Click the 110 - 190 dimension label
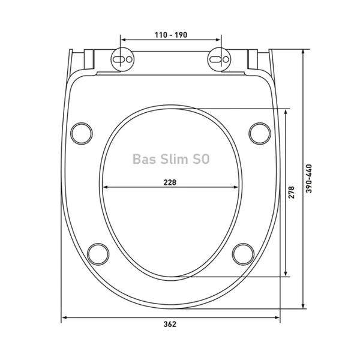[x=171, y=35]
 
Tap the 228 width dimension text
[x=170, y=182]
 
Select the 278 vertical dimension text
[x=291, y=193]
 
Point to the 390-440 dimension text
[x=309, y=179]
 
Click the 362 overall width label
[x=170, y=324]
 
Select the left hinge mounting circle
[x=122, y=59]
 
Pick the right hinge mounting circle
[x=219, y=59]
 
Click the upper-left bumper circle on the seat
[x=82, y=134]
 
